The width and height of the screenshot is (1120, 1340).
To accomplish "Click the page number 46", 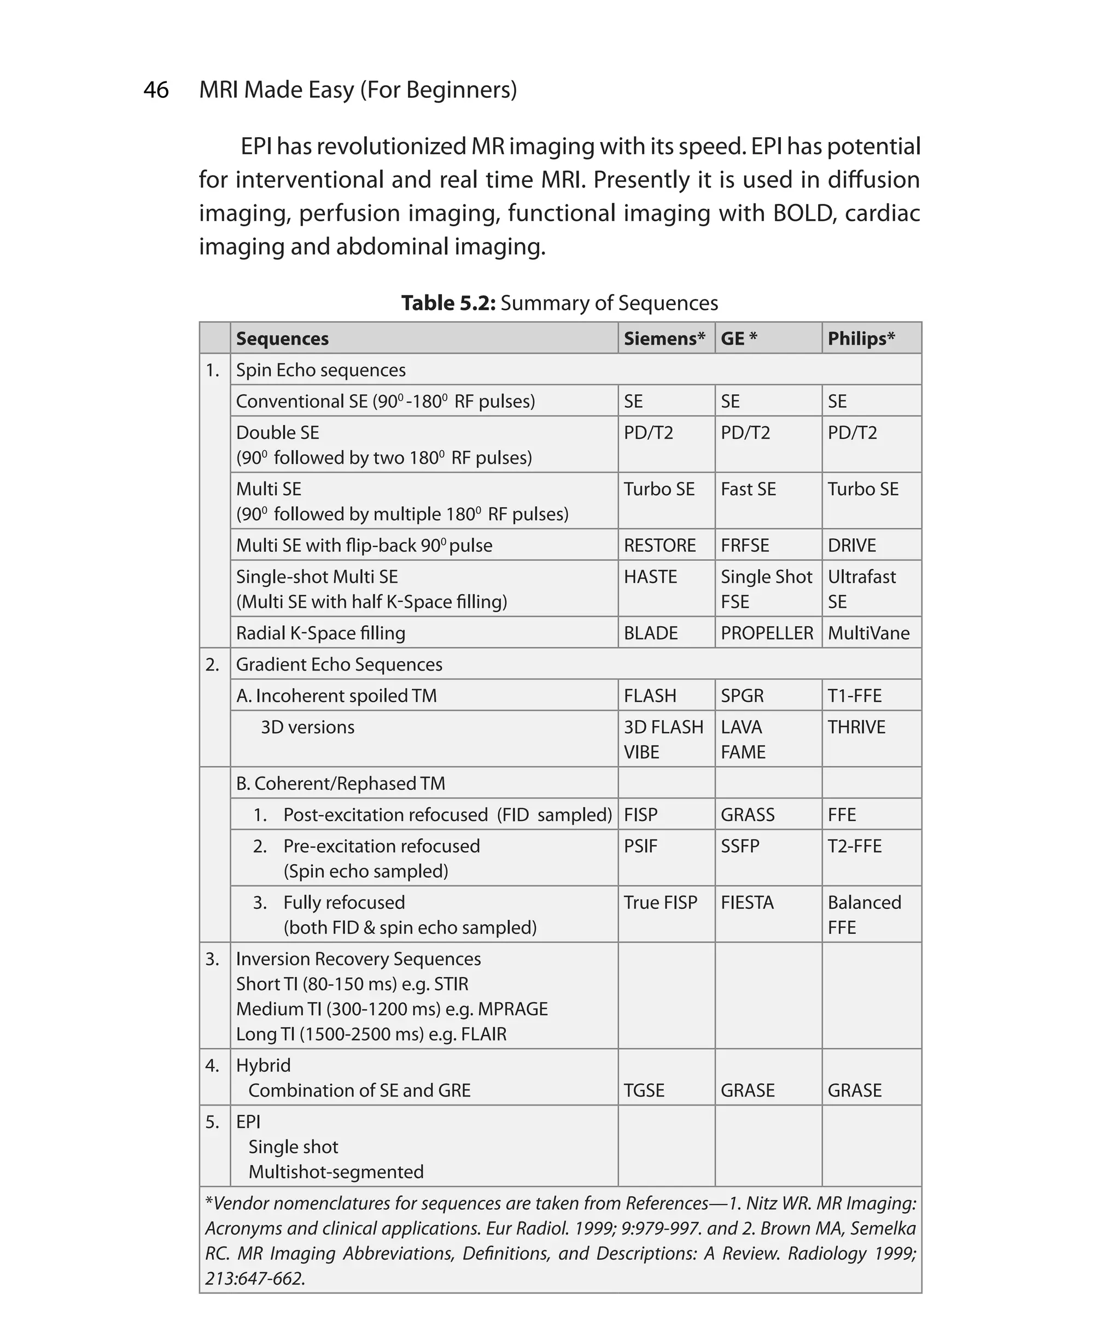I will [156, 90].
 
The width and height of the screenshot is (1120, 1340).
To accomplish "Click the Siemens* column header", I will [664, 338].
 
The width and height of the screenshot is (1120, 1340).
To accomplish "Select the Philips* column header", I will [861, 338].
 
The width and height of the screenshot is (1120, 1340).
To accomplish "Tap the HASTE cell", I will [650, 577].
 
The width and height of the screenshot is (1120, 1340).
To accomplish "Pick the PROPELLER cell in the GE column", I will [766, 633].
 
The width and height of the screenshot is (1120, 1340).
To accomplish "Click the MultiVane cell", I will [868, 633].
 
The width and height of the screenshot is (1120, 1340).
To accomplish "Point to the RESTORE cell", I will [660, 545].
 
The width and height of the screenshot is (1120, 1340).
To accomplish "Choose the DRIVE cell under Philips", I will [852, 545].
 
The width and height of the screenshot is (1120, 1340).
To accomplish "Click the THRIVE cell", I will [856, 727].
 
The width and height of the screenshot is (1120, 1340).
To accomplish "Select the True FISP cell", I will [660, 902].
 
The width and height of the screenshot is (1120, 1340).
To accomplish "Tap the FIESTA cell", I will [747, 902].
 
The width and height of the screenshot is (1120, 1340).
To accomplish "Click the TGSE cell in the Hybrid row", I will [644, 1090].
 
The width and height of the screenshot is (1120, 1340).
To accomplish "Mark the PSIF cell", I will [640, 846].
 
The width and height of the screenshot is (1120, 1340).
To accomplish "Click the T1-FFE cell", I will [854, 696].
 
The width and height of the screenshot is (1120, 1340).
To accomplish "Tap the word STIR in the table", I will [451, 984].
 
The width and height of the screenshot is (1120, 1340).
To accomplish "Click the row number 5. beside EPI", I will [213, 1122].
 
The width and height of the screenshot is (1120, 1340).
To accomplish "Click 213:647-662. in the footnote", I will [255, 1278].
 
